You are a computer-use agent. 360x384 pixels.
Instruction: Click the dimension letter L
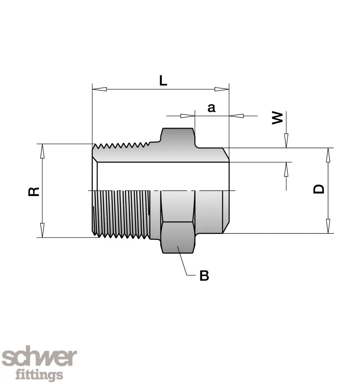(x=163, y=80)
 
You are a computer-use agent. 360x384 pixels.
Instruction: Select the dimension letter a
(x=211, y=108)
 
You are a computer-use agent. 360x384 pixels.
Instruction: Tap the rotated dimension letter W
(x=277, y=118)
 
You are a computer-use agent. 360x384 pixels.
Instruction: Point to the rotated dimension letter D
(x=318, y=188)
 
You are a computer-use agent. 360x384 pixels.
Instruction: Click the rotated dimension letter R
(x=34, y=191)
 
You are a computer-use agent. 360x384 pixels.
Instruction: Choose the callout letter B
(x=204, y=276)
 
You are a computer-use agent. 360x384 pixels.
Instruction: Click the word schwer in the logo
(x=39, y=359)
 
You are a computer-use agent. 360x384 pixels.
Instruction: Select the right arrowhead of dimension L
(x=222, y=89)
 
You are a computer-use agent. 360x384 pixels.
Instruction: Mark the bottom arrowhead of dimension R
(x=42, y=231)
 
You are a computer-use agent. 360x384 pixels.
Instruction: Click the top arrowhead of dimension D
(x=328, y=155)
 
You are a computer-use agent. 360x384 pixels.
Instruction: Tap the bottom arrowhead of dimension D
(x=328, y=227)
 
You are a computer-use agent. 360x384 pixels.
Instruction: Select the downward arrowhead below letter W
(x=286, y=141)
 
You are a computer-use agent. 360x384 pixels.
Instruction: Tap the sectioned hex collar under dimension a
(x=178, y=138)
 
